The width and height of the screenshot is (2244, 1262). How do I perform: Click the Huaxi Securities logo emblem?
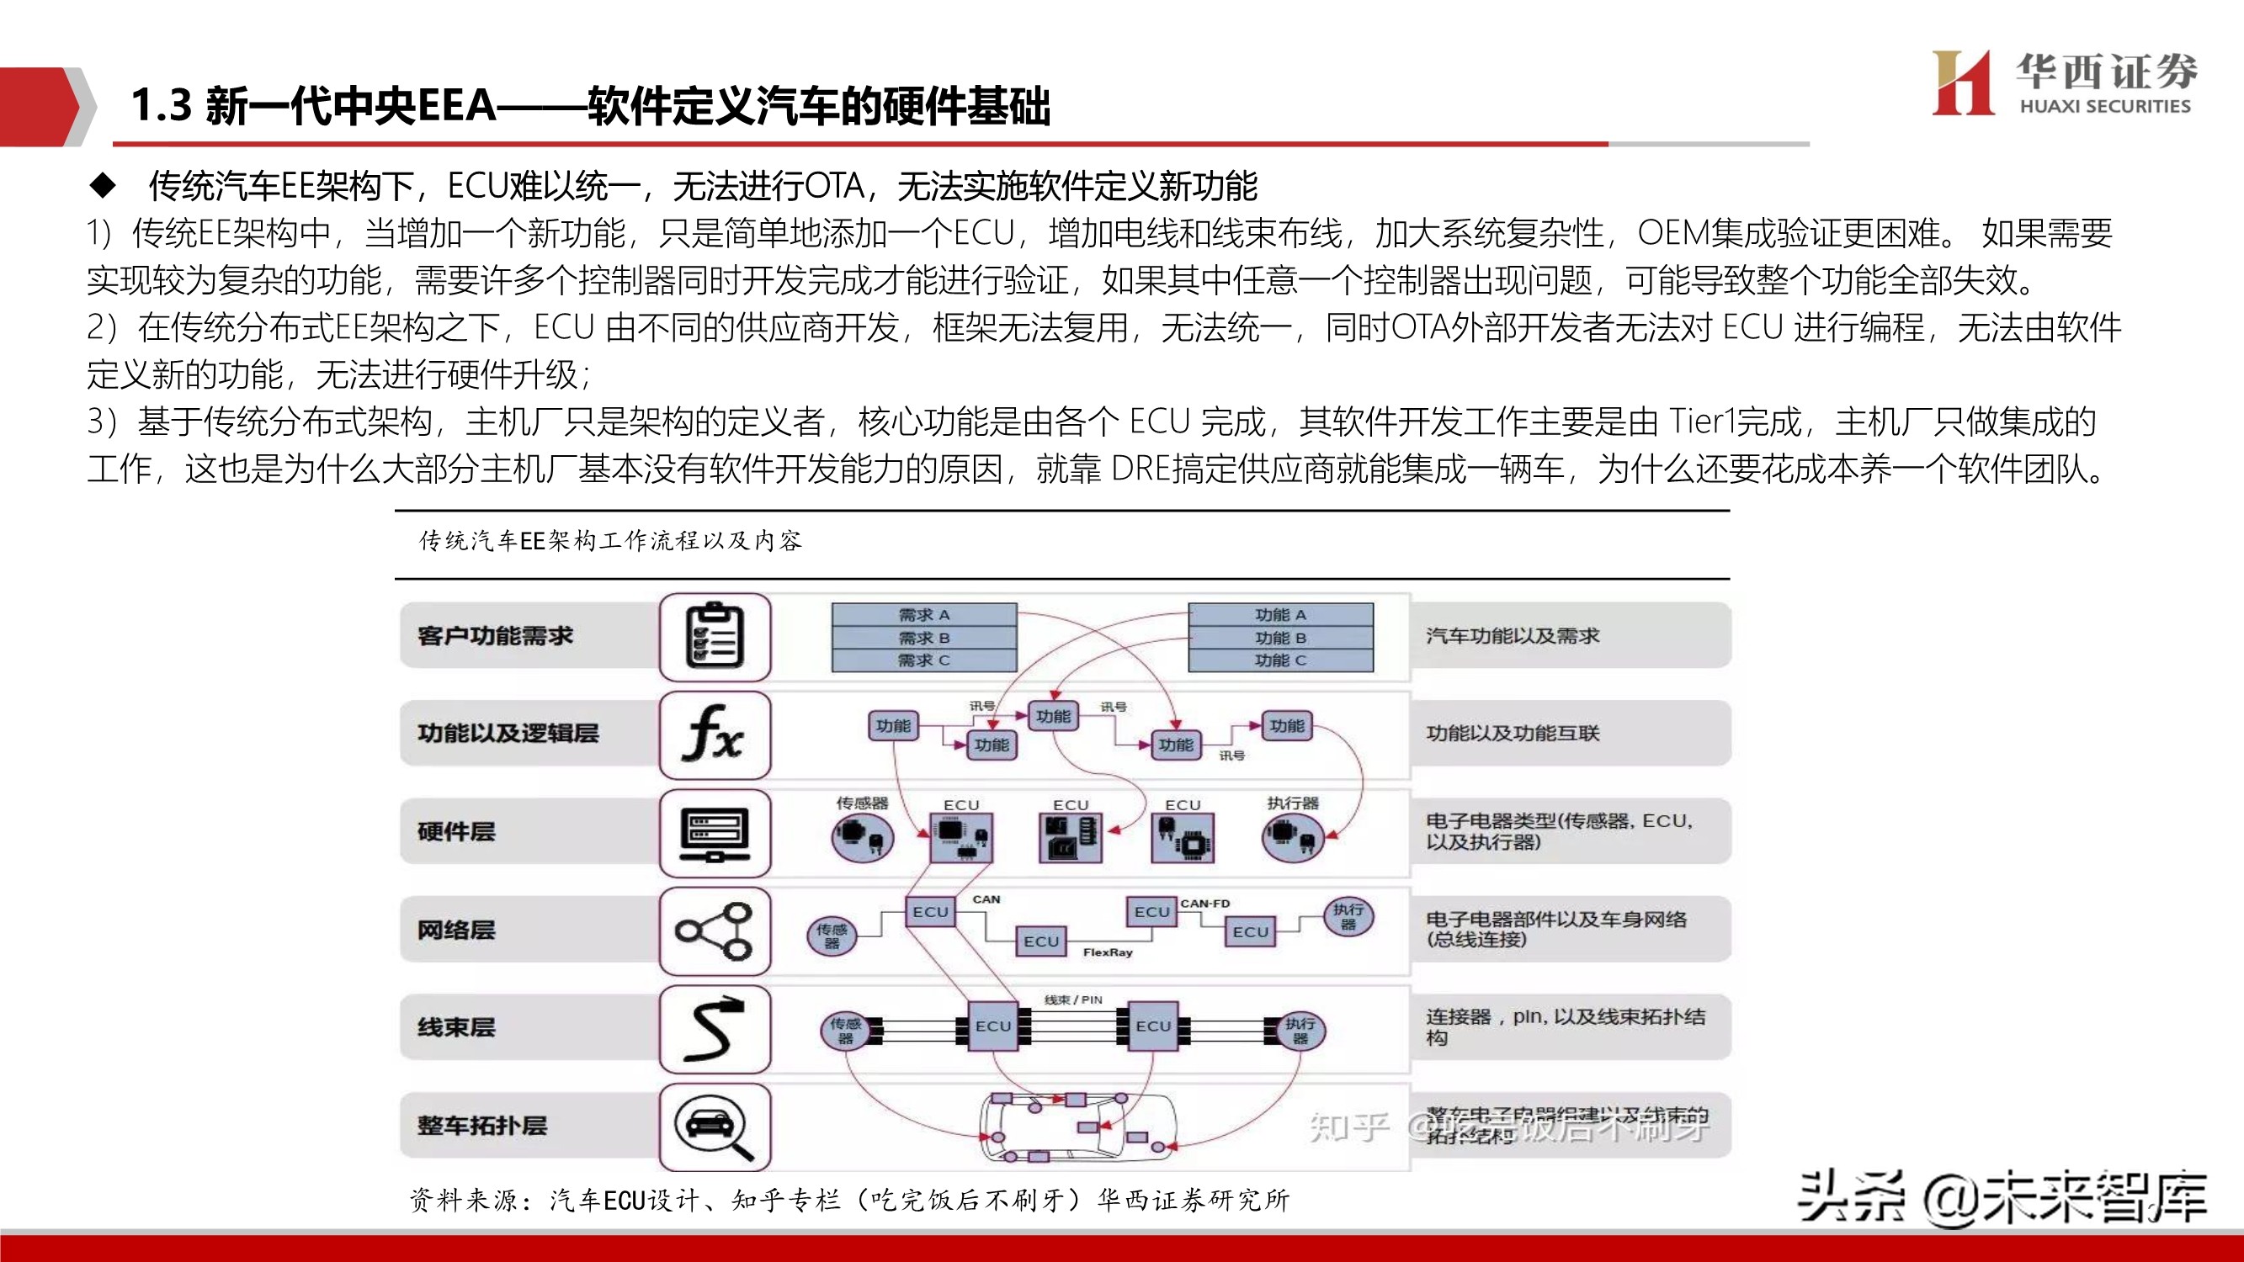1962,82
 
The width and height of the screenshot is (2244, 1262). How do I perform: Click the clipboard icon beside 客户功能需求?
715,637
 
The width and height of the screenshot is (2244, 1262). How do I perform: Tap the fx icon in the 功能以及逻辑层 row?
715,734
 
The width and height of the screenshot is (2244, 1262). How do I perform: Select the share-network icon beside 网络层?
715,931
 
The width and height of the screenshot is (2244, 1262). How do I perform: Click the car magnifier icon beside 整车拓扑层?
715,1127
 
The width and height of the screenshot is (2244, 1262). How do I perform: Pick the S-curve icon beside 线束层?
715,1029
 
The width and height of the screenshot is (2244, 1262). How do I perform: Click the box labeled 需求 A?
924,615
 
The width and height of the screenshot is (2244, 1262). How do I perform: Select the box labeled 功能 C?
1280,660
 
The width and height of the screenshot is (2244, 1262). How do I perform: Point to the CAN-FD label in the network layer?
1204,903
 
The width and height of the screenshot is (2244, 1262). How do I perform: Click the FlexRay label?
1107,953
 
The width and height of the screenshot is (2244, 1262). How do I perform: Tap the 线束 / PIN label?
1073,1000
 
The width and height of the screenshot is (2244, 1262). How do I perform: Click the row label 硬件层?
456,832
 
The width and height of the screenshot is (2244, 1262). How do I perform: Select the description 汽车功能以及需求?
1513,636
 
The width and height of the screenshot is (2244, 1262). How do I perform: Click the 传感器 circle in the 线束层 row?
845,1031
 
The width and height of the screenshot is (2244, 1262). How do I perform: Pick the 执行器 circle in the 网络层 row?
1348,916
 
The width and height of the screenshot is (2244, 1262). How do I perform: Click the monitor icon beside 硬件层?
715,833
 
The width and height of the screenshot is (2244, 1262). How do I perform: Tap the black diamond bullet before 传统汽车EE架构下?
103,184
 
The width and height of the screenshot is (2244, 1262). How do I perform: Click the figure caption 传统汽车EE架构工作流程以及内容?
609,541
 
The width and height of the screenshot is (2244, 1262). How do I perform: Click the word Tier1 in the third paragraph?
1702,422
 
